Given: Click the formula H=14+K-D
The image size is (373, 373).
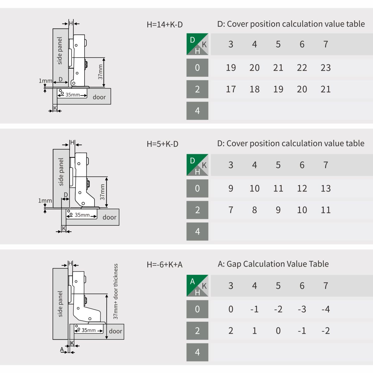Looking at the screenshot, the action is point(164,25).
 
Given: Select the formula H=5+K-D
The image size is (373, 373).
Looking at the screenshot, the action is point(162,144).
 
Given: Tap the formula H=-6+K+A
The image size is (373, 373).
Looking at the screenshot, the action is point(164,265).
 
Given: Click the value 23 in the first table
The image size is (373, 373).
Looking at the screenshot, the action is point(325,68).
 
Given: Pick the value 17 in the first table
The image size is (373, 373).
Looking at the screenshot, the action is point(231,89).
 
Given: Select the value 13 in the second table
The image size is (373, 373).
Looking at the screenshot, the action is point(325,189).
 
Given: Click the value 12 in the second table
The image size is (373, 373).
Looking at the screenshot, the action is point(302,189).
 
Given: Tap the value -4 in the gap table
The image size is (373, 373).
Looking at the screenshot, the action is point(325,309).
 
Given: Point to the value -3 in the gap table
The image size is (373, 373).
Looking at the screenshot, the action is point(302,309).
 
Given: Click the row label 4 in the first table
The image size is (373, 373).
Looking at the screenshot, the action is point(197,111).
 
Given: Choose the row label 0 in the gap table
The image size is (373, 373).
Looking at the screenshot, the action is point(197,309).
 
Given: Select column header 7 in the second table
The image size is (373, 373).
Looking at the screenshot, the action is point(326,165).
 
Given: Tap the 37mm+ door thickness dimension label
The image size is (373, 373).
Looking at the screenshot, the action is point(116,291).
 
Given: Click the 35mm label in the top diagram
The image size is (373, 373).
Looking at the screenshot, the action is point(73,95).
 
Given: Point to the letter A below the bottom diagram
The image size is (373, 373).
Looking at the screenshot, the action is point(62,349).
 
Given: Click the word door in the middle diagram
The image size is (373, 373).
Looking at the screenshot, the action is point(109,217).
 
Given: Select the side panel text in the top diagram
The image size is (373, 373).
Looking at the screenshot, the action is point(60,51).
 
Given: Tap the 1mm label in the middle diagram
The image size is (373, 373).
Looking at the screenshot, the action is point(45,201).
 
